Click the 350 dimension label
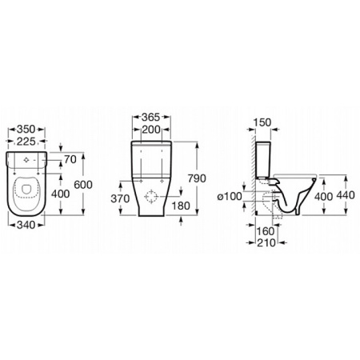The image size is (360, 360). click(x=26, y=129)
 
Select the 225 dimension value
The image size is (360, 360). click(x=26, y=142)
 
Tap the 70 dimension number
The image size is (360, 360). click(x=70, y=159)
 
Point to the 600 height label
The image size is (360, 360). click(x=83, y=185)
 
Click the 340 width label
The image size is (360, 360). click(x=26, y=225)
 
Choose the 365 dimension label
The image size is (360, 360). click(x=150, y=117)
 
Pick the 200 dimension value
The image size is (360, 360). click(x=151, y=130)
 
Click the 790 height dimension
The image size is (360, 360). click(x=197, y=178)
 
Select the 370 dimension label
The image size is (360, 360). click(x=120, y=198)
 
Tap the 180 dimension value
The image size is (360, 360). click(x=181, y=206)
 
